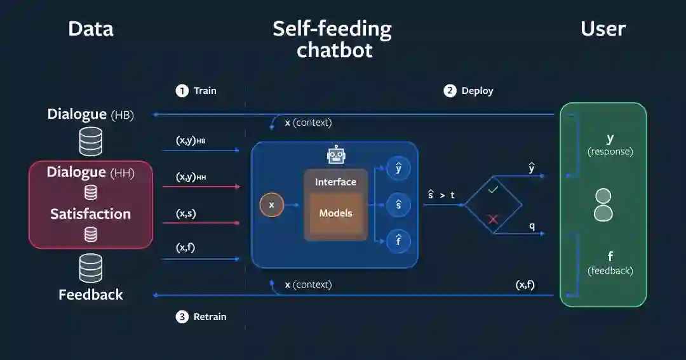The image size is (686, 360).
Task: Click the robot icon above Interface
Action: pyautogui.click(x=335, y=155)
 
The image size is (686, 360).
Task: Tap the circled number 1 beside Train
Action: pyautogui.click(x=182, y=91)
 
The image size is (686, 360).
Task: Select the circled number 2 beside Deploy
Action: pyautogui.click(x=450, y=91)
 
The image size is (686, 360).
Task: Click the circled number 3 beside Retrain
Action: pyautogui.click(x=182, y=317)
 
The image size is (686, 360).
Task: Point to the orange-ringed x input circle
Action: pyautogui.click(x=271, y=204)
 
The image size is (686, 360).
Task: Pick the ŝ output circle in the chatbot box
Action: pyautogui.click(x=398, y=204)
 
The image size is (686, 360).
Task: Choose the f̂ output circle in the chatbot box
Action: pyautogui.click(x=398, y=241)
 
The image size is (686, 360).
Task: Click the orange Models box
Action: pyautogui.click(x=335, y=213)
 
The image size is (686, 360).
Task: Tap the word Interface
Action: pyautogui.click(x=335, y=182)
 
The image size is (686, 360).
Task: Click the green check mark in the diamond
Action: pyautogui.click(x=493, y=189)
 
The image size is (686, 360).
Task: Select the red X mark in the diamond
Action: pyautogui.click(x=493, y=220)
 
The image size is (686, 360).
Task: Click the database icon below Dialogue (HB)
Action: pyautogui.click(x=91, y=141)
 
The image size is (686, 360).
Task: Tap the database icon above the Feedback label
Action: pyautogui.click(x=91, y=268)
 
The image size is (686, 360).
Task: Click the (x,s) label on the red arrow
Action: pyautogui.click(x=185, y=214)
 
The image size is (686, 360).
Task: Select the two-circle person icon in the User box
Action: pyautogui.click(x=603, y=204)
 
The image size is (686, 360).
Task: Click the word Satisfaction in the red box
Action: pyautogui.click(x=91, y=214)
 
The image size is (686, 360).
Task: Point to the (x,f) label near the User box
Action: pyautogui.click(x=525, y=285)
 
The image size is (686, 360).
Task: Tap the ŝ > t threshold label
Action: pyautogui.click(x=441, y=195)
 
